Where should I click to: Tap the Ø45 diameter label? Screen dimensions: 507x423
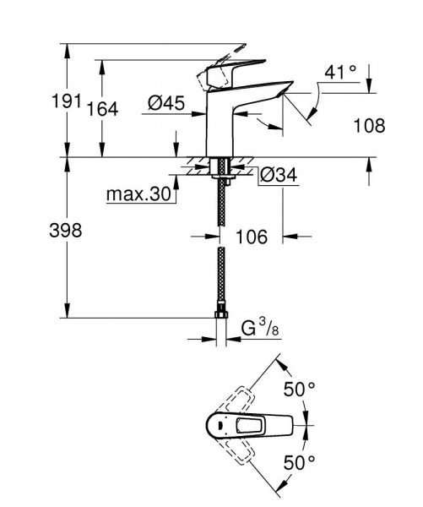[x=166, y=103]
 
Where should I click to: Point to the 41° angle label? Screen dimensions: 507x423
[x=341, y=73]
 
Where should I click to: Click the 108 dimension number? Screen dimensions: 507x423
[x=368, y=126]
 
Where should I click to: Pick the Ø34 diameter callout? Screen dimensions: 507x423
[x=277, y=176]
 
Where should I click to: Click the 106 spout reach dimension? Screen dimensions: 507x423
[x=250, y=237]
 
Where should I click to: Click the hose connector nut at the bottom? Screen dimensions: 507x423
[x=221, y=315]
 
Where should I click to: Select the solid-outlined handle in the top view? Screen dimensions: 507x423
[x=253, y=425]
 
